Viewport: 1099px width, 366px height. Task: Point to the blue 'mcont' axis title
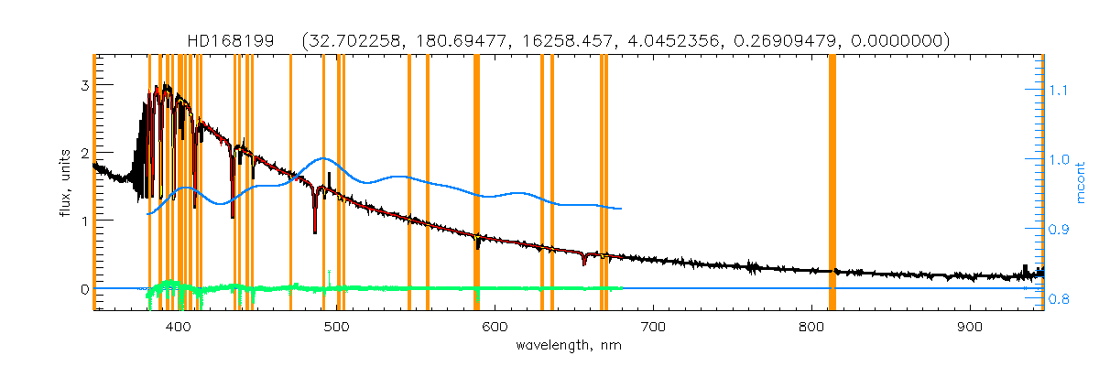tap(1084, 183)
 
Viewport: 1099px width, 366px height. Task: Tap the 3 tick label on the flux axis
tap(83, 85)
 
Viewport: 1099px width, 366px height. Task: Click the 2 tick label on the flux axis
tap(83, 154)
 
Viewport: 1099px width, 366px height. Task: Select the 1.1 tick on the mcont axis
tap(1060, 91)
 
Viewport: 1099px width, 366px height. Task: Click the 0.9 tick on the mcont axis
tap(1060, 229)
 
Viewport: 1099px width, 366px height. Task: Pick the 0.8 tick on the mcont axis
tap(1060, 297)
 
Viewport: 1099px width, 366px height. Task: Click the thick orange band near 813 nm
tap(832, 183)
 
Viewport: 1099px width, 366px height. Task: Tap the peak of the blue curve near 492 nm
tap(323, 158)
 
